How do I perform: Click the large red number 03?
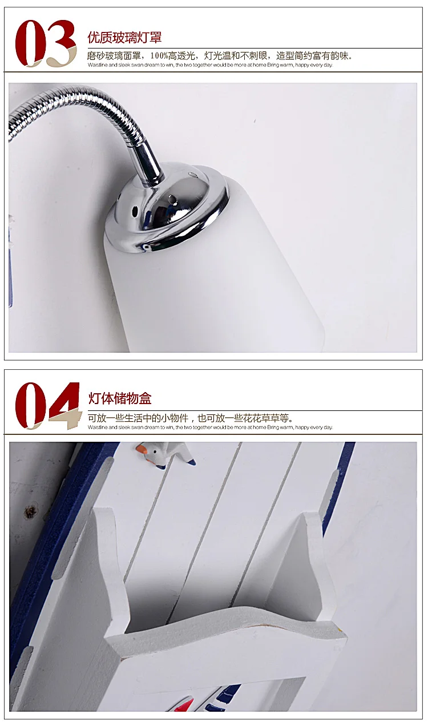pos(46,43)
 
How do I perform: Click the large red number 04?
pos(47,405)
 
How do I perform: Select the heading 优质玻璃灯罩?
pos(124,38)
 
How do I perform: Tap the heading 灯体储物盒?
pos(120,399)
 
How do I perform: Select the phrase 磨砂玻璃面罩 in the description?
pos(114,56)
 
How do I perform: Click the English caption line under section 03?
pos(210,65)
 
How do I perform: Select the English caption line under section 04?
pos(210,427)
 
